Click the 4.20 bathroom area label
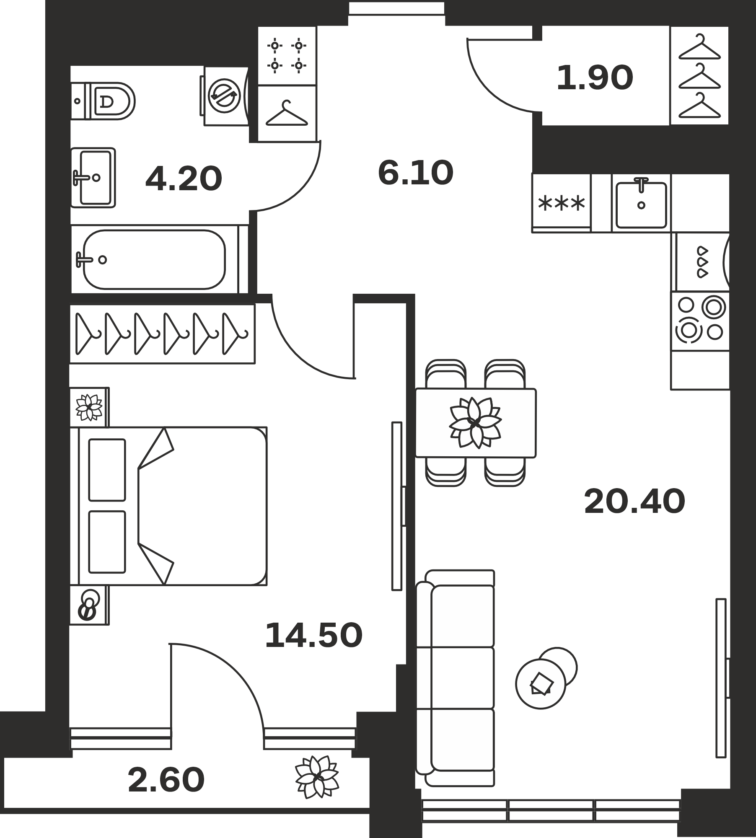tap(184, 179)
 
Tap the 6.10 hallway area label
tap(415, 173)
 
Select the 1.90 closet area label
tap(595, 78)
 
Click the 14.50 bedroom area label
tap(313, 635)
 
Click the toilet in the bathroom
tap(103, 101)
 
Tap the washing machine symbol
tap(224, 96)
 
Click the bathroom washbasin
tap(93, 178)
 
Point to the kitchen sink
tap(641, 204)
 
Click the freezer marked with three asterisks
tap(561, 202)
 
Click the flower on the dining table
tap(475, 423)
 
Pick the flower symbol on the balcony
tap(317, 777)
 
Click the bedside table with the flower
tap(89, 407)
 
